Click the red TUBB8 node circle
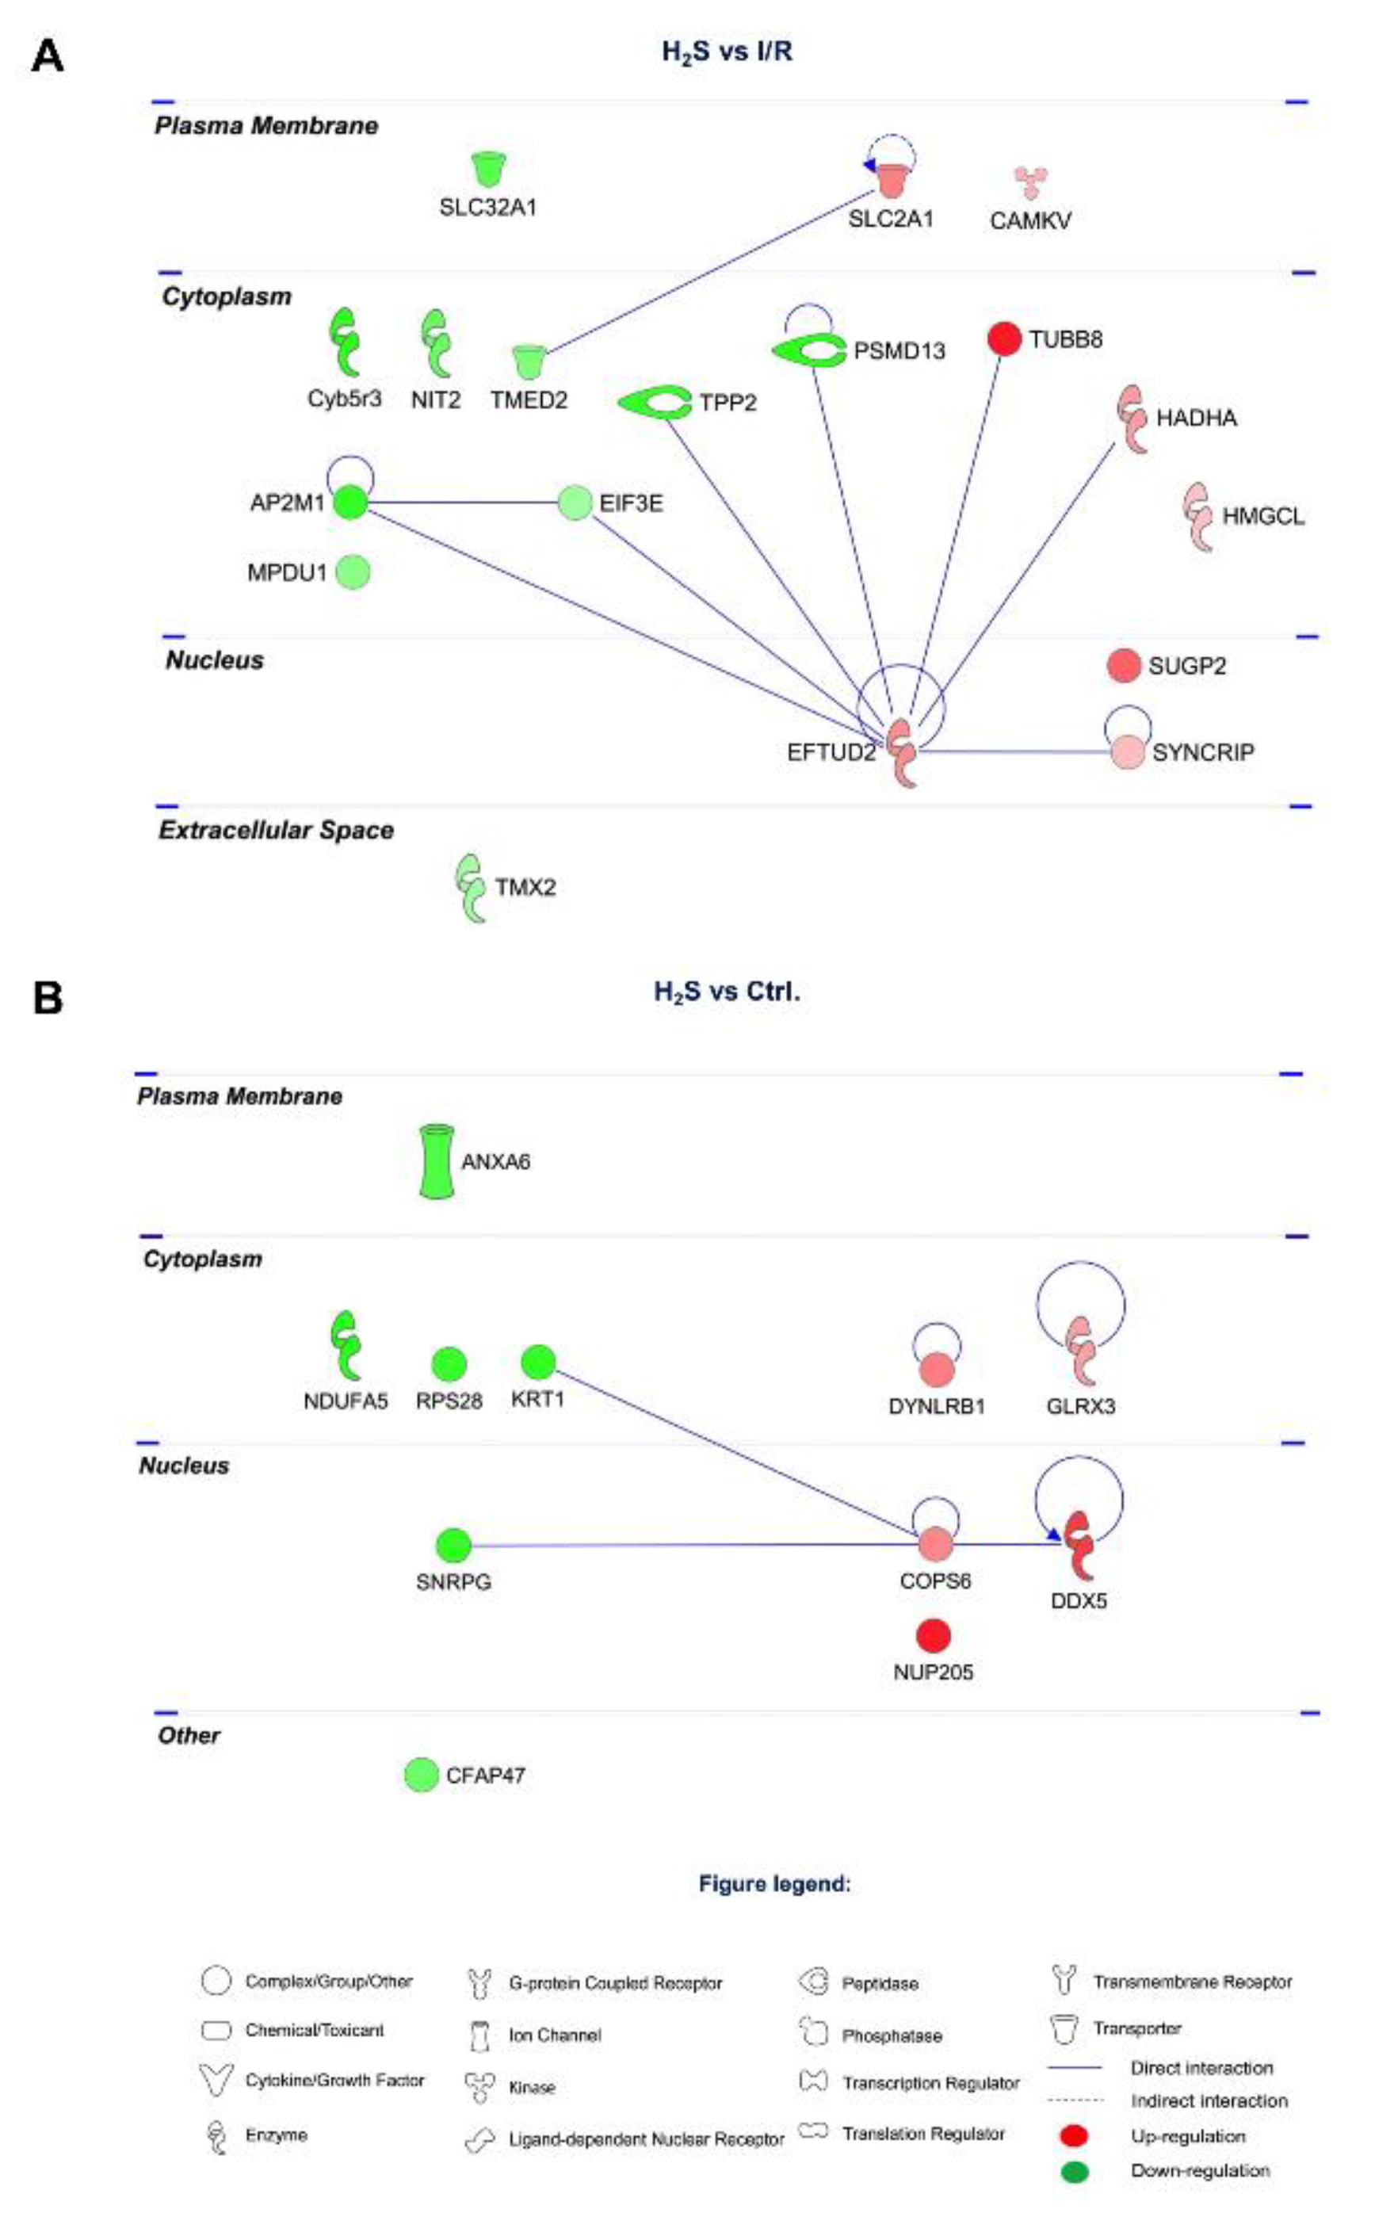pos(1004,339)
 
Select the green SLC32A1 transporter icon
pos(488,169)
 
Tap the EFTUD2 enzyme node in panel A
pos(903,751)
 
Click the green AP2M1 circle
pos(351,502)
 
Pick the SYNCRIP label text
pos(1202,753)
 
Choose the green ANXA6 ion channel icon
pos(437,1161)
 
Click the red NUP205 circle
pos(933,1636)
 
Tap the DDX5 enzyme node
pos(1079,1545)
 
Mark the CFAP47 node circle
pos(421,1774)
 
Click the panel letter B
pos(48,997)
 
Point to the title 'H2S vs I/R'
pos(727,52)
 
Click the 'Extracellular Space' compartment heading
pos(277,830)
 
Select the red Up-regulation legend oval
pos(1075,2135)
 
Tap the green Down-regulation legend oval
pos(1075,2172)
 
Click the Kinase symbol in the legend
pos(479,2087)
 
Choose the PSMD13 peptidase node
pos(808,351)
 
